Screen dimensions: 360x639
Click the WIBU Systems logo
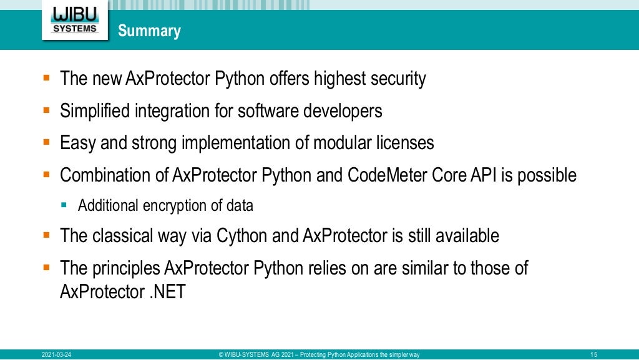coord(75,21)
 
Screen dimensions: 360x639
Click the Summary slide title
coord(149,31)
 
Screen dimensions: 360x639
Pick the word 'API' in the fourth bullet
coord(481,175)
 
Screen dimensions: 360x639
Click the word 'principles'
coord(125,268)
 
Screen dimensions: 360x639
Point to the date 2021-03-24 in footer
coord(56,355)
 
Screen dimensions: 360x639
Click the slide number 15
coord(593,355)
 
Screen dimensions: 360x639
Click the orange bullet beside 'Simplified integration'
coord(46,110)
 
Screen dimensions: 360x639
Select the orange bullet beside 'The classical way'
coord(46,235)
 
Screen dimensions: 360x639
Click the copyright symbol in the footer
coord(222,355)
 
